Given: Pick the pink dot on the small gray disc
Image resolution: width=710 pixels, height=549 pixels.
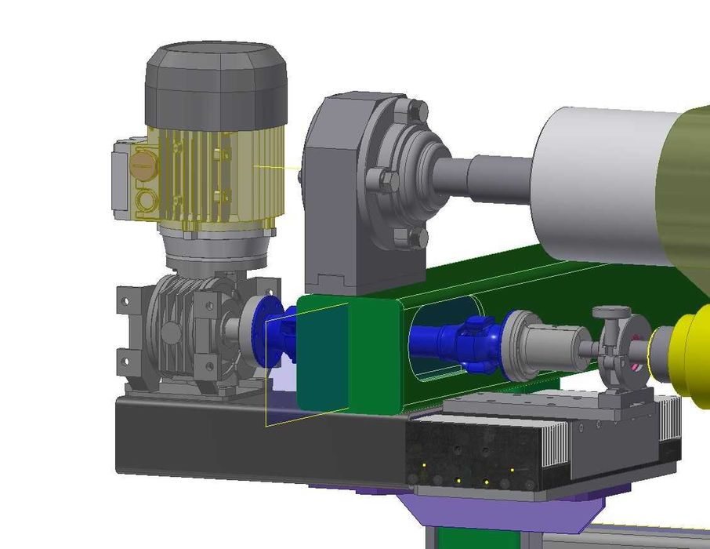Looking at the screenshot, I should pyautogui.click(x=636, y=366).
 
